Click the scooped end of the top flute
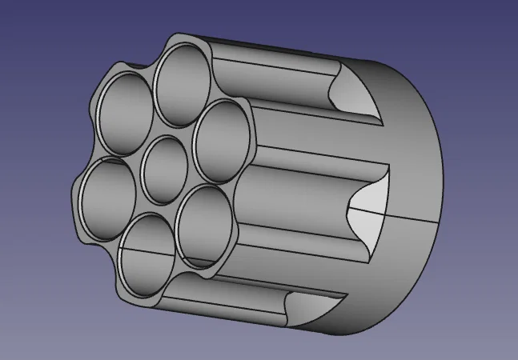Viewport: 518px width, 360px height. pos(352,90)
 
